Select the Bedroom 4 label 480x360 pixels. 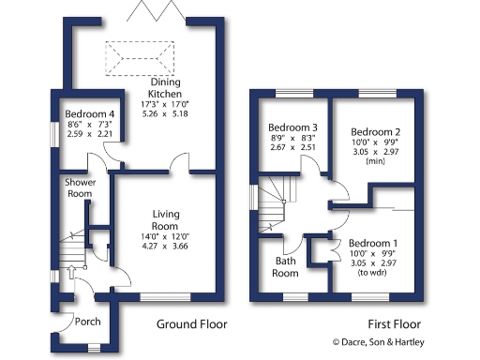[x=79, y=115]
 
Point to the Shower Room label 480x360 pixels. [x=79, y=187]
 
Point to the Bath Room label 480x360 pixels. [x=285, y=267]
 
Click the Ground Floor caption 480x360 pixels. [x=191, y=324]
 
